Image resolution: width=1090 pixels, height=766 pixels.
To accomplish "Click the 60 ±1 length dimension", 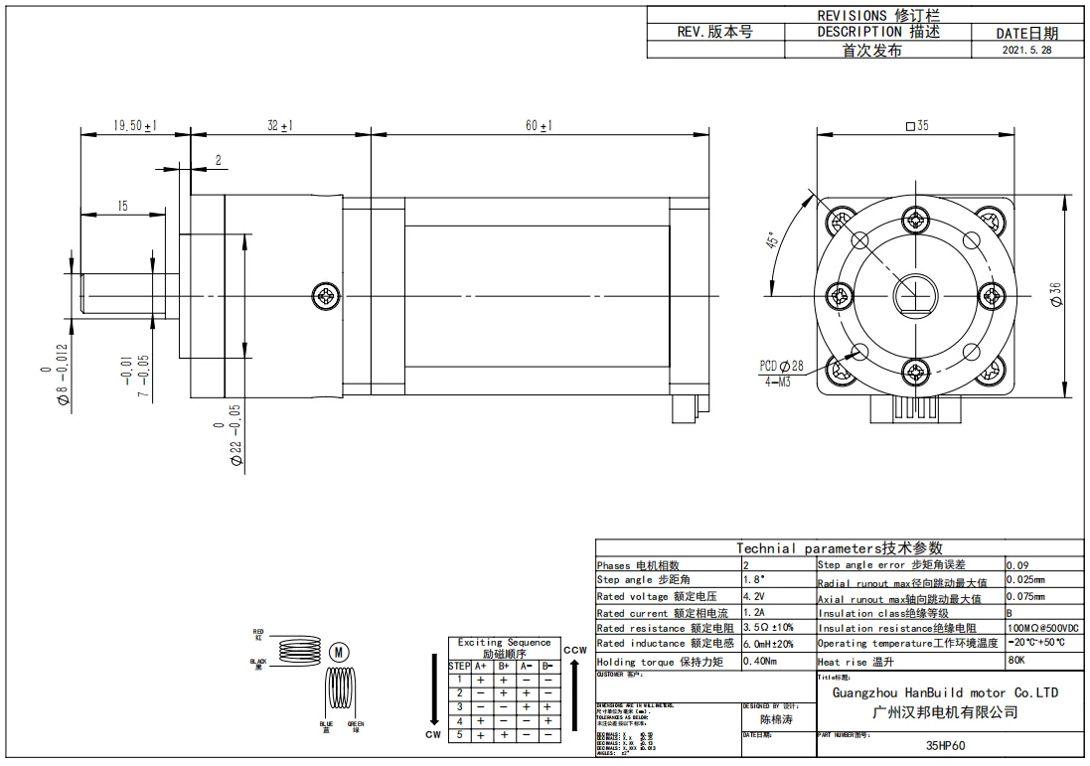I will tap(539, 126).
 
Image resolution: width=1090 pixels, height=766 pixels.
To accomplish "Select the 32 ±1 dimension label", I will tap(279, 126).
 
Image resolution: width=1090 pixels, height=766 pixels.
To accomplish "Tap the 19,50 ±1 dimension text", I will tap(136, 126).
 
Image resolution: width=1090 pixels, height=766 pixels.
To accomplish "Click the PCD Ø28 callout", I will tap(782, 366).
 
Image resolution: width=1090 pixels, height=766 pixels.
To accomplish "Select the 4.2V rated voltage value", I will tap(753, 597).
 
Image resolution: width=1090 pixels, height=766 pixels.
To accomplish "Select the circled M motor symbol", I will tap(339, 652).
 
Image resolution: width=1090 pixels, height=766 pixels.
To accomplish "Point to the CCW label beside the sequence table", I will tap(575, 651).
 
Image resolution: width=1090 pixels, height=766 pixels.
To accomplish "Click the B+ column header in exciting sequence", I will tap(504, 666).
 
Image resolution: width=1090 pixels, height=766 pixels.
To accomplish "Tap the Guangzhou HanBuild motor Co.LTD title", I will tap(945, 692).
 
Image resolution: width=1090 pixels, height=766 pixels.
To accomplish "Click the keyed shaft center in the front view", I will tap(915, 295).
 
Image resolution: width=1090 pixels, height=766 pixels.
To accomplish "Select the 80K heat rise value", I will tap(1017, 660).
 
